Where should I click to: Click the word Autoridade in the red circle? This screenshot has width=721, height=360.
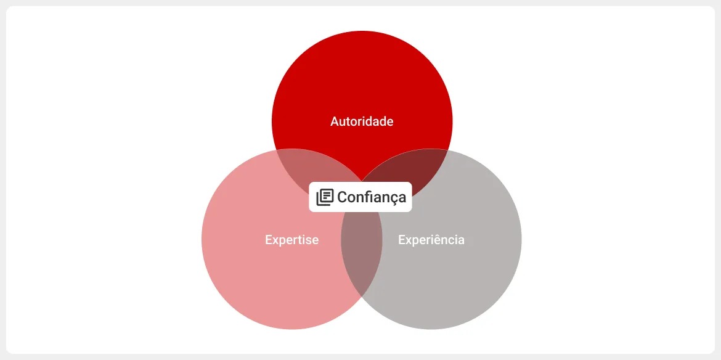point(362,121)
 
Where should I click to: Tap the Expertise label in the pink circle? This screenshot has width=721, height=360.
point(291,240)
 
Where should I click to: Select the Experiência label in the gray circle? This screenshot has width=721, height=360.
point(431,240)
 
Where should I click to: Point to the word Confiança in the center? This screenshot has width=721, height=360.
point(372,197)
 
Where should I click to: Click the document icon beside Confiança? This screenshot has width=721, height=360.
point(325,197)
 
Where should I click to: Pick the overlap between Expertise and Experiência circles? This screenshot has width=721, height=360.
point(362,253)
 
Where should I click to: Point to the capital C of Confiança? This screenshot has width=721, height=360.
point(342,197)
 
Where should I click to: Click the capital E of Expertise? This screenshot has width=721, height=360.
point(269,240)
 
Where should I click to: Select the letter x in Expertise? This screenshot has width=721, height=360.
point(275,240)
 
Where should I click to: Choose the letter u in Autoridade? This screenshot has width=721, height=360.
point(343,122)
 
